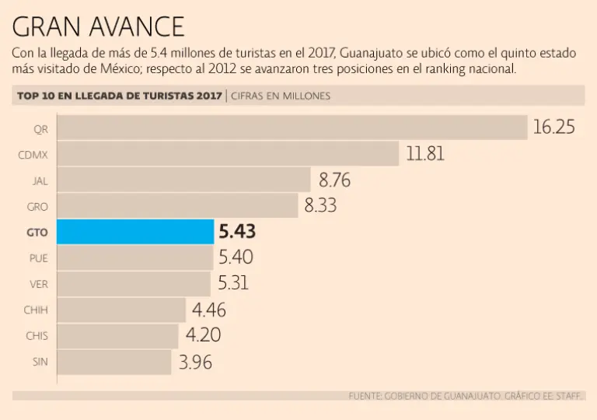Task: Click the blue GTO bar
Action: pyautogui.click(x=135, y=232)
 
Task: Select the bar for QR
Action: pyautogui.click(x=292, y=128)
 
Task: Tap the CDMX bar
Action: pyautogui.click(x=228, y=154)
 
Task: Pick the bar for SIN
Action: pyautogui.click(x=114, y=362)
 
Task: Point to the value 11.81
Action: pyautogui.click(x=425, y=154)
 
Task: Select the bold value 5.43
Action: pyautogui.click(x=237, y=232)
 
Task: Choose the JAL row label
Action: pyautogui.click(x=40, y=180)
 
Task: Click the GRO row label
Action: pyautogui.click(x=38, y=206)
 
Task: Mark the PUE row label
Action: pyautogui.click(x=39, y=258)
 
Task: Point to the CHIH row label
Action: pyautogui.click(x=36, y=310)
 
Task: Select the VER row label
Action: pyautogui.click(x=39, y=284)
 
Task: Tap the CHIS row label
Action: pyautogui.click(x=37, y=336)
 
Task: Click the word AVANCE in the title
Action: pyautogui.click(x=132, y=27)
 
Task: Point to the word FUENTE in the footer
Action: pyautogui.click(x=365, y=396)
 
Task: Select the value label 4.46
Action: pyautogui.click(x=208, y=310)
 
